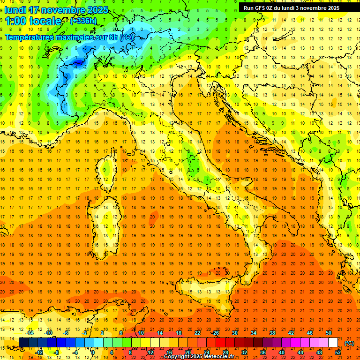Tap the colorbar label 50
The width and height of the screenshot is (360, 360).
(x=329, y=333)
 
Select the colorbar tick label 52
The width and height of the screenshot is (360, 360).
(x=338, y=352)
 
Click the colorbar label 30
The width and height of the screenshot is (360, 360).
(x=234, y=333)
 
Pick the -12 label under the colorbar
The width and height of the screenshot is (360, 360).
(x=39, y=352)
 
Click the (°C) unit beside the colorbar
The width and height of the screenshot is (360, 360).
(x=349, y=343)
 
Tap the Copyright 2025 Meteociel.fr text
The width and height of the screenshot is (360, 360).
(x=199, y=357)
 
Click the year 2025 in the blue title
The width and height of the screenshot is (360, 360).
(x=97, y=10)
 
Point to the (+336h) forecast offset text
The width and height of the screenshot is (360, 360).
(x=83, y=21)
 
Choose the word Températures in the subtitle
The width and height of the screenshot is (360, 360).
(x=28, y=37)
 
